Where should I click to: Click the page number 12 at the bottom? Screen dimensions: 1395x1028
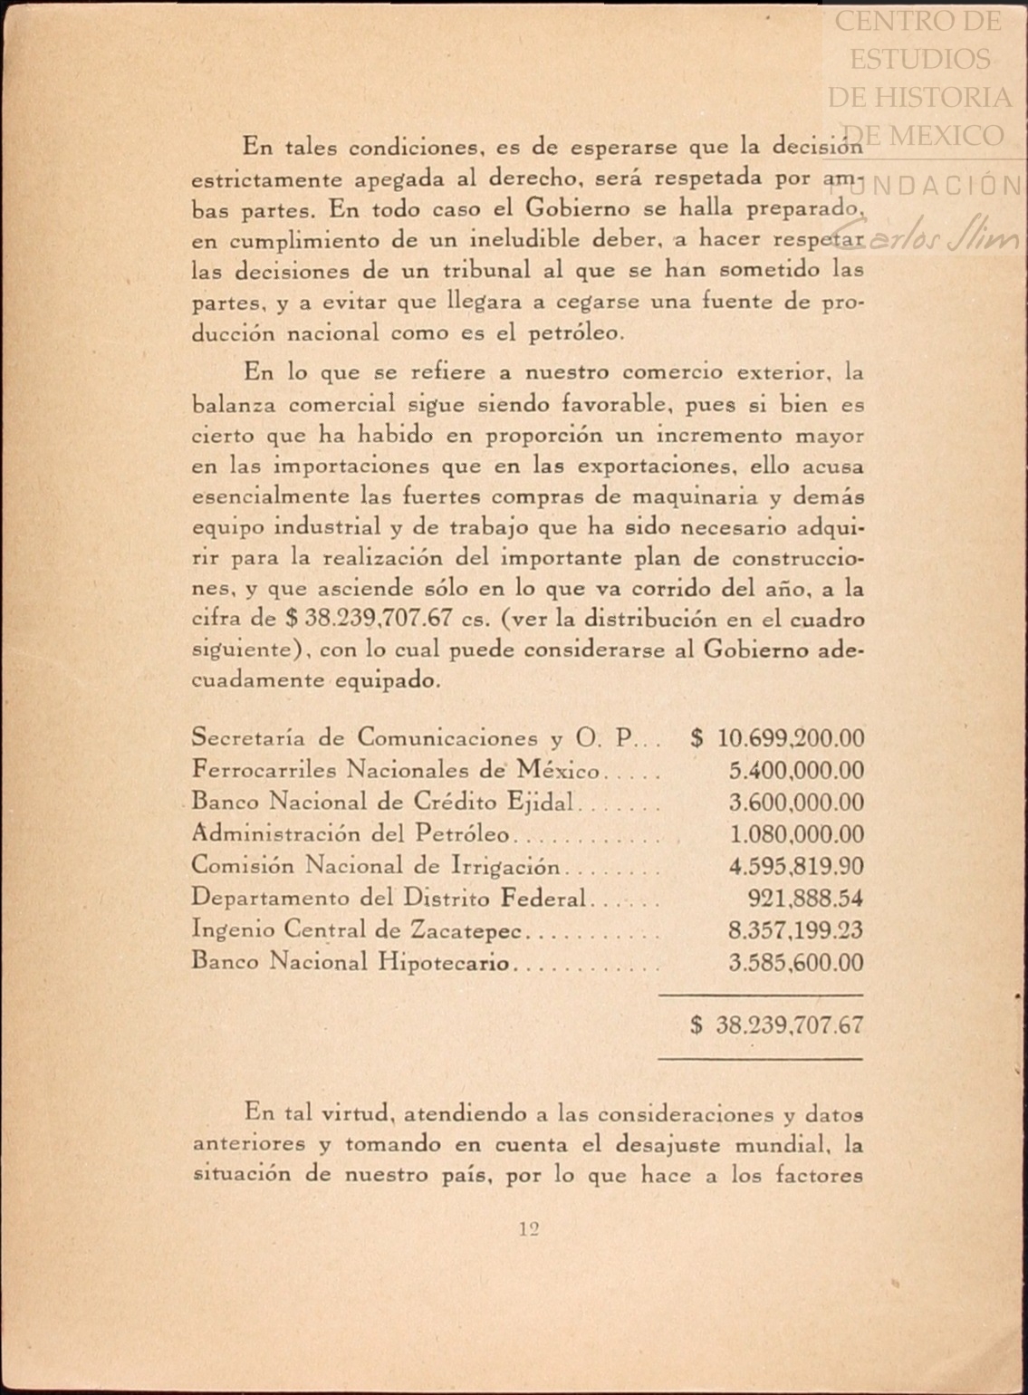point(530,1229)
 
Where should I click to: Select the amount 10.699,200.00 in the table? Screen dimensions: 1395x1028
point(790,738)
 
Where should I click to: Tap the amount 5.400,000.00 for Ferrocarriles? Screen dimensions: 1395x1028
point(796,771)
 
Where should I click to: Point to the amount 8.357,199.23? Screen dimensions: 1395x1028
point(796,930)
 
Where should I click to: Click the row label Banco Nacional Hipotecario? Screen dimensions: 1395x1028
point(351,962)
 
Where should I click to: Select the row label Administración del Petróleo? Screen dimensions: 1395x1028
point(351,834)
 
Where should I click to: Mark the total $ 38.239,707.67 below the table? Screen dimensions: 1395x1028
point(777,1025)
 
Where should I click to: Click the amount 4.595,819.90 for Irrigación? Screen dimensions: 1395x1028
point(796,866)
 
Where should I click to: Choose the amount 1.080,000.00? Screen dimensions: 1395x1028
point(796,834)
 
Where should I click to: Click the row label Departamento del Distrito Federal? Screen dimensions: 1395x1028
point(389,899)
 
